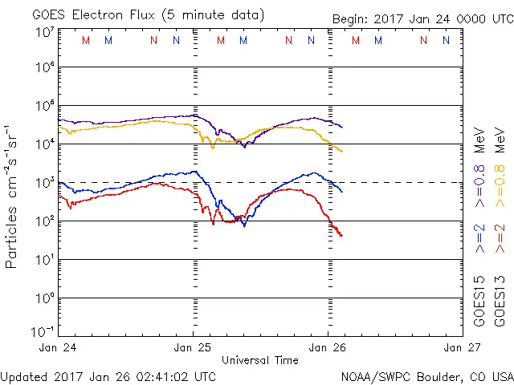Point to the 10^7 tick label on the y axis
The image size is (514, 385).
44,33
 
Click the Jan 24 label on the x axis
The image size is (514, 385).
59,348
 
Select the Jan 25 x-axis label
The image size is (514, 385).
194,348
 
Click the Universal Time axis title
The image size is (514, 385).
260,360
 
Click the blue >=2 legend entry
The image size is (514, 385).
479,238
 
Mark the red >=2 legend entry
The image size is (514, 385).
500,238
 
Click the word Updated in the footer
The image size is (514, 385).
23,375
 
